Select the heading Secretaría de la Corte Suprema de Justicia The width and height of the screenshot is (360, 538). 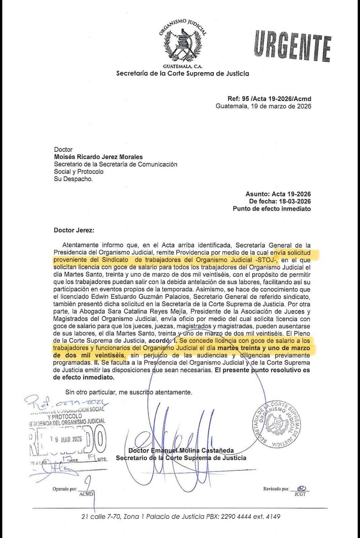tap(183, 73)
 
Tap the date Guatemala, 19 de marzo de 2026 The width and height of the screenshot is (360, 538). tap(263, 107)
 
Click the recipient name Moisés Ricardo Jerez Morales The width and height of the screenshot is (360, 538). tap(98, 157)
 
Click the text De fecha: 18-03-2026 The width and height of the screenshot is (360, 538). tap(279, 202)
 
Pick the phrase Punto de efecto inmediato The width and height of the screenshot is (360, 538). tap(271, 209)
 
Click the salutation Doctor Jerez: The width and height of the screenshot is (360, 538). tap(74, 230)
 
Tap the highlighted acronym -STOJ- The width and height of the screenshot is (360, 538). tap(266, 260)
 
